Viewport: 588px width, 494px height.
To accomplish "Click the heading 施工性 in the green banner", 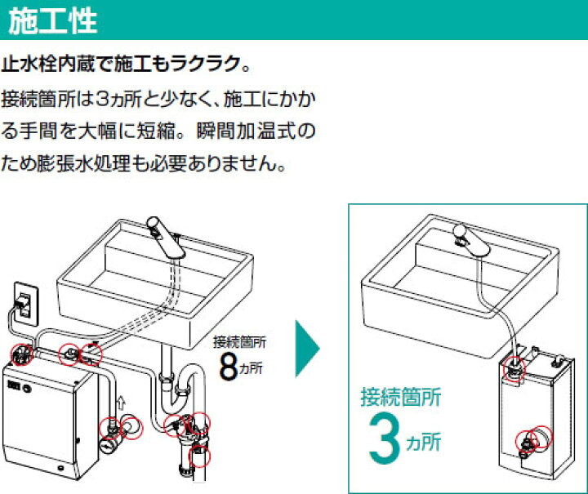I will (x=52, y=20).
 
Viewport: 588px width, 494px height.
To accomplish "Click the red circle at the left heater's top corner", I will (x=20, y=354).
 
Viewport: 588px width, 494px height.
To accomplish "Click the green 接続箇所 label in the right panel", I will (x=401, y=397).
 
